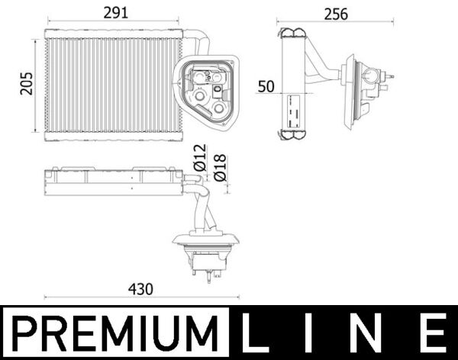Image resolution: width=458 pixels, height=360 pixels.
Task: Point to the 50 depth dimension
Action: (266, 86)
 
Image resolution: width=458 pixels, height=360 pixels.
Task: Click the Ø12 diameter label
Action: (200, 156)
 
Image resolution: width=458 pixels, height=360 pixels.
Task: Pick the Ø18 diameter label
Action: (219, 166)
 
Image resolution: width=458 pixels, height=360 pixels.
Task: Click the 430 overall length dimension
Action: (140, 289)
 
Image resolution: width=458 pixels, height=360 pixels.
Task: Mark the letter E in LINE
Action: (434, 334)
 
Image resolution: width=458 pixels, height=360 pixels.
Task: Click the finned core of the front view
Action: (111, 83)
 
